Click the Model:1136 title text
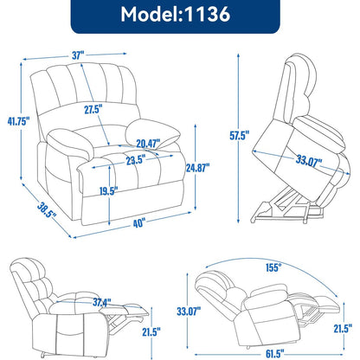(176, 14)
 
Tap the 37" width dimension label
(78, 55)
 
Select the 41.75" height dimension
(19, 121)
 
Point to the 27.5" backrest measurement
(93, 110)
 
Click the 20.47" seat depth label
(148, 144)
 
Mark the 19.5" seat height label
(109, 191)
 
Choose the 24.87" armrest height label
(197, 168)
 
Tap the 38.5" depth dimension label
(47, 210)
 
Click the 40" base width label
(138, 223)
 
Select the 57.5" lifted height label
(240, 135)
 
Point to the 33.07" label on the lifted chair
(309, 161)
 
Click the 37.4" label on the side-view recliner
(102, 302)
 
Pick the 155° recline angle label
(273, 267)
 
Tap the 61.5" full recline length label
(274, 353)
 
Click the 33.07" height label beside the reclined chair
(189, 312)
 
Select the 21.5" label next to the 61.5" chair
(343, 329)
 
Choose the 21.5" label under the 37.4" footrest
(151, 331)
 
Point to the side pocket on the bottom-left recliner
(70, 326)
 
